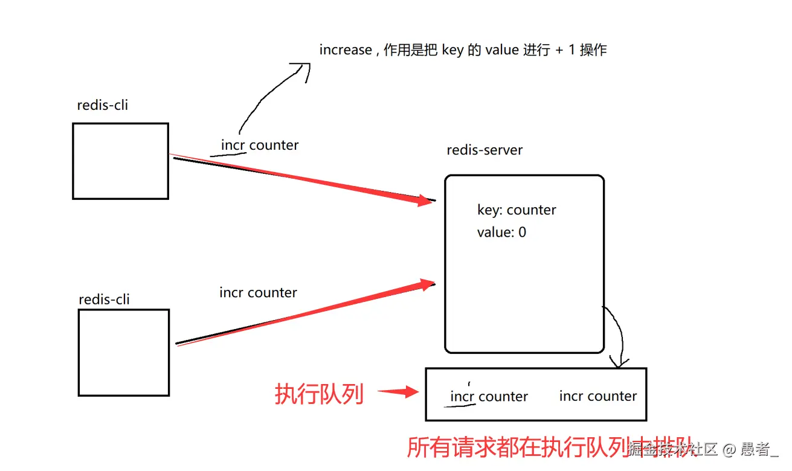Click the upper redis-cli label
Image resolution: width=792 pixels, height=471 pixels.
[x=103, y=105]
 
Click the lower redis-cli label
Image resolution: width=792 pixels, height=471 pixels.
[x=104, y=300]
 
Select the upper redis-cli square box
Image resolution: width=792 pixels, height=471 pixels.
[x=120, y=161]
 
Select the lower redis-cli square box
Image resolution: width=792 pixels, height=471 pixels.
[x=123, y=353]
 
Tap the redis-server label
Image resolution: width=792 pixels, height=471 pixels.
[x=485, y=150]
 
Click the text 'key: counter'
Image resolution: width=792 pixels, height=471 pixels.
[x=517, y=210]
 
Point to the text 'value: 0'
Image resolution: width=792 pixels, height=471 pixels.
[x=501, y=232]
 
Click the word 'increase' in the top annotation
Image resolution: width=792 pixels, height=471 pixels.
[x=346, y=50]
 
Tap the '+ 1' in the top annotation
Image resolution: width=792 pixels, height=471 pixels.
[x=565, y=50]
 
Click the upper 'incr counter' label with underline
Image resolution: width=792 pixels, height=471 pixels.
[x=260, y=146]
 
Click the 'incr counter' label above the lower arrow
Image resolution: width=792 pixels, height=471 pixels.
[x=259, y=293]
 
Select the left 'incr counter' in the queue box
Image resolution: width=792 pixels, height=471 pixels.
[x=489, y=397]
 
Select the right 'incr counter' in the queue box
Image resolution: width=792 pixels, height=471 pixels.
[x=598, y=396]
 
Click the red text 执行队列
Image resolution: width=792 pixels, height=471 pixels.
[x=319, y=394]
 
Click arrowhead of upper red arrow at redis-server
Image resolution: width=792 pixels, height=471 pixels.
[x=425, y=200]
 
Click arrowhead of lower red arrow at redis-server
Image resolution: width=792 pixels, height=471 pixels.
[x=426, y=284]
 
